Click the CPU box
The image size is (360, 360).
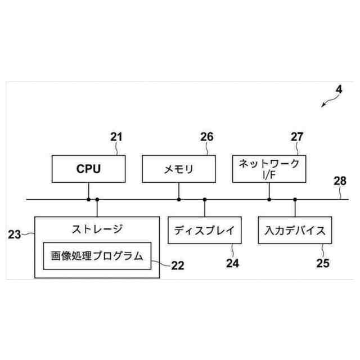tap(88, 168)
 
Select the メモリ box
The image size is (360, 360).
tap(179, 168)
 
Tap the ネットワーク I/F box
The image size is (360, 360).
tap(269, 168)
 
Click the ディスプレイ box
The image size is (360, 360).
tap(204, 230)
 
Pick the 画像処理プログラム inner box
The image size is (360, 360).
tap(97, 255)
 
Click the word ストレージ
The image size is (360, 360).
tap(97, 228)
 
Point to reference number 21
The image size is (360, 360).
tap(116, 137)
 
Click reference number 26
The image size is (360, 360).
tap(207, 137)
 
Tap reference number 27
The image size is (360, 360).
tap(297, 137)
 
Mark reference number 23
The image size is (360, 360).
tap(15, 233)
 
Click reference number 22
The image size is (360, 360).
tap(178, 265)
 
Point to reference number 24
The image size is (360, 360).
tap(232, 263)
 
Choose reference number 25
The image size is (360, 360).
tap(322, 263)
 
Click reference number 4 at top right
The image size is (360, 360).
tap(339, 89)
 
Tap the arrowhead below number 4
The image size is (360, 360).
tap(323, 105)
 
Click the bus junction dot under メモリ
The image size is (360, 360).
tap(179, 199)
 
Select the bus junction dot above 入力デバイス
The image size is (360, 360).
tap(295, 199)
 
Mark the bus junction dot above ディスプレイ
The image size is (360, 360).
tap(204, 199)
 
